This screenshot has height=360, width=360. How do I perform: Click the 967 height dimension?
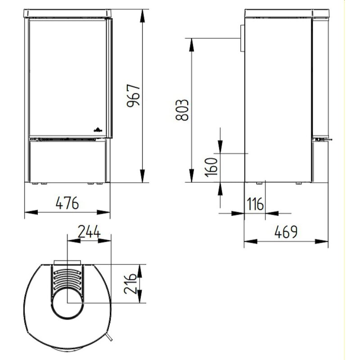point(134,96)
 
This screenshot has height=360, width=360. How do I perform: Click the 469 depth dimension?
point(287,233)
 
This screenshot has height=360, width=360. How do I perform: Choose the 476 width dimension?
point(67,203)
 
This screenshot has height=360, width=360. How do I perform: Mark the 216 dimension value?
point(131,283)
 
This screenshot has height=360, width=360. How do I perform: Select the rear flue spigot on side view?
point(242,38)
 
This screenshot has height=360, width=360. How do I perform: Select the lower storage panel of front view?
point(67,162)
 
